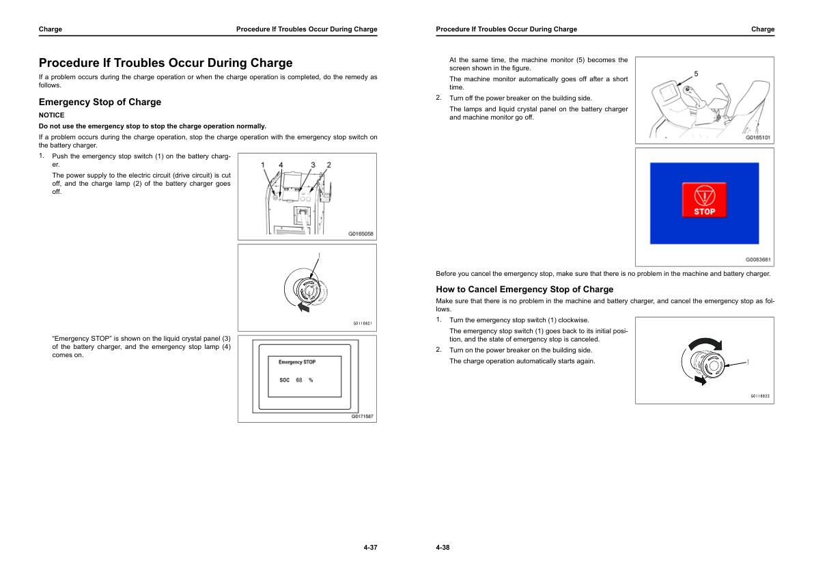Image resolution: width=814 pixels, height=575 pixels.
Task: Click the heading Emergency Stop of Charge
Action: pyautogui.click(x=100, y=102)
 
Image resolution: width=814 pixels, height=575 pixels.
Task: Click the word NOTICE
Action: pyautogui.click(x=51, y=115)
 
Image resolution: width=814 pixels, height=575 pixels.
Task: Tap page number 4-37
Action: pyautogui.click(x=370, y=548)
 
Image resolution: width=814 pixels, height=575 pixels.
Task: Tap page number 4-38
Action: pyautogui.click(x=443, y=548)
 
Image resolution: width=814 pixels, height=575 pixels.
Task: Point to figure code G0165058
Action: pyautogui.click(x=361, y=234)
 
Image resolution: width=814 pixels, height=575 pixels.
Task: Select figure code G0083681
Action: pyautogui.click(x=758, y=260)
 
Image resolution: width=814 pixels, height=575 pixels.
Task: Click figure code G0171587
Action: pyautogui.click(x=362, y=416)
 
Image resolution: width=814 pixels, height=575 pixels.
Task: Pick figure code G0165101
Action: pyautogui.click(x=758, y=137)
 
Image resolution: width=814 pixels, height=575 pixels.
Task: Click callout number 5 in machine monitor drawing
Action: pyautogui.click(x=696, y=73)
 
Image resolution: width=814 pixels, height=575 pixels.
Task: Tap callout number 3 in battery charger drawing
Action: pyautogui.click(x=313, y=165)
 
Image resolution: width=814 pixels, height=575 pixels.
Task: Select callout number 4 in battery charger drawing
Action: pyautogui.click(x=281, y=165)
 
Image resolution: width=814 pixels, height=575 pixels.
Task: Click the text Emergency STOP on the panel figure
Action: pyautogui.click(x=297, y=362)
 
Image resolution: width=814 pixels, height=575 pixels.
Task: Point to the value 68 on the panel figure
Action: pyautogui.click(x=299, y=380)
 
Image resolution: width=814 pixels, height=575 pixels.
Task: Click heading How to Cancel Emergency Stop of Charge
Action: pyautogui.click(x=524, y=290)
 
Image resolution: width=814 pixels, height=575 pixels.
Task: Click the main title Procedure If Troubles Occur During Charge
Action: pyautogui.click(x=165, y=63)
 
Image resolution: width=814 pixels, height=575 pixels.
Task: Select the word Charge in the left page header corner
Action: pyautogui.click(x=51, y=29)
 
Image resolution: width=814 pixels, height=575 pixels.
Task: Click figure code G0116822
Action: pyautogui.click(x=760, y=396)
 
